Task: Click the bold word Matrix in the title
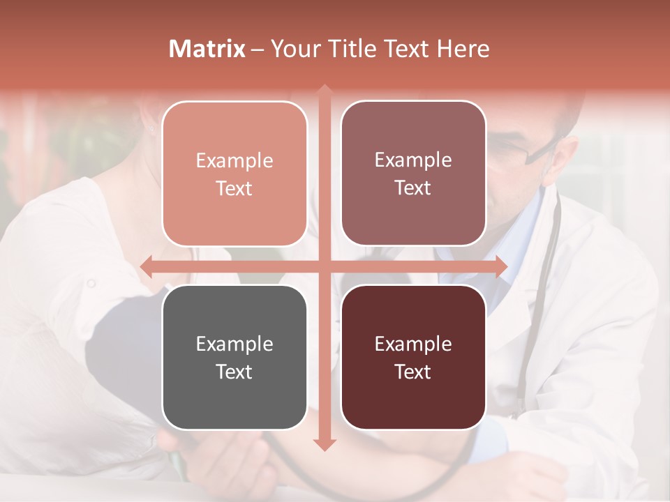click(207, 49)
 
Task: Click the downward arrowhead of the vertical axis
click(324, 444)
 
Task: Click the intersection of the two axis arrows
click(324, 266)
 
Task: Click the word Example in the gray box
click(234, 344)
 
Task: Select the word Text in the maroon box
click(413, 372)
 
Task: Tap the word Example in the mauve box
click(413, 160)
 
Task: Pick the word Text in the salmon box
click(234, 188)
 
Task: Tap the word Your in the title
click(292, 49)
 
